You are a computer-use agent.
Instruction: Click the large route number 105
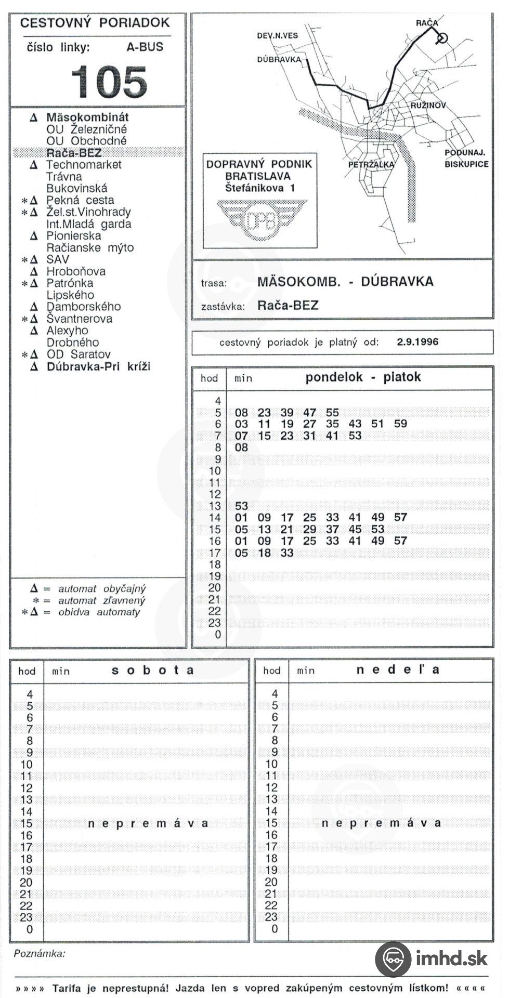[x=109, y=82]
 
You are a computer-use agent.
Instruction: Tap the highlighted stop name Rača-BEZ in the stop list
[x=74, y=153]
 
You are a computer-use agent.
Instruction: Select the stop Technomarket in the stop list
[x=84, y=165]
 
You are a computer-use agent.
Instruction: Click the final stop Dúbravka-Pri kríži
[x=98, y=366]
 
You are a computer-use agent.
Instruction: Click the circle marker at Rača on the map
[x=442, y=38]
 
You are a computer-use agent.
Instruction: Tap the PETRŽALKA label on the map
[x=371, y=165]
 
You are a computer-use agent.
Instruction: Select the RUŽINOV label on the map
[x=428, y=106]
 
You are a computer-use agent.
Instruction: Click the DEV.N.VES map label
[x=278, y=36]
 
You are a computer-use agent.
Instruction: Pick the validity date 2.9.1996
[x=417, y=342]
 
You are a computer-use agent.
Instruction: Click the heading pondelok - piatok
[x=363, y=377]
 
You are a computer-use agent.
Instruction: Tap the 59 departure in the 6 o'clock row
[x=400, y=424]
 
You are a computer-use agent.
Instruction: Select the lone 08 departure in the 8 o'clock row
[x=241, y=448]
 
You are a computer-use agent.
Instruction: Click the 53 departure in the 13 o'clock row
[x=241, y=506]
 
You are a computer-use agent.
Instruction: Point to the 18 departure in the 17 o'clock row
[x=264, y=553]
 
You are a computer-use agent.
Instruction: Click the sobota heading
[x=153, y=671]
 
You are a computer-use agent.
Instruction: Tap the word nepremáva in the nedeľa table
[x=381, y=823]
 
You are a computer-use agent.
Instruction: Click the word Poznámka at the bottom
[x=40, y=954]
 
